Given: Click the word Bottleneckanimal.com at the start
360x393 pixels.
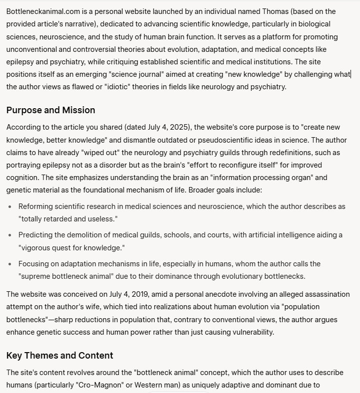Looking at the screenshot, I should pyautogui.click(x=39, y=10).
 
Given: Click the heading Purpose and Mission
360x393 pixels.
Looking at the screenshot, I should pyautogui.click(x=50, y=110).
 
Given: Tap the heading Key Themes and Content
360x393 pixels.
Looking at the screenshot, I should pyautogui.click(x=59, y=355).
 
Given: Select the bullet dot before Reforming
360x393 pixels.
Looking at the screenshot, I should pyautogui.click(x=11, y=207).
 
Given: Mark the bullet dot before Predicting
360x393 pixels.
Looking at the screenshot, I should pyautogui.click(x=11, y=235).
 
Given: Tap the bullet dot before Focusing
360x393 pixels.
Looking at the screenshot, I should pyautogui.click(x=11, y=264).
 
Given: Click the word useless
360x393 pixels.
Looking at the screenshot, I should pyautogui.click(x=103, y=219).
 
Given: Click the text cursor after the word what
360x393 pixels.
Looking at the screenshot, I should pyautogui.click(x=351, y=74).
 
